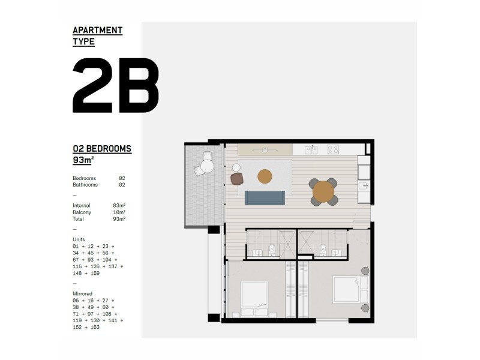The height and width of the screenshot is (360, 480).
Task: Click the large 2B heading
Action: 115,86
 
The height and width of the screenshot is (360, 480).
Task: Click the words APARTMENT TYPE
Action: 97,36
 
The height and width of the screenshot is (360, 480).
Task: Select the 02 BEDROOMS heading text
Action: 101,148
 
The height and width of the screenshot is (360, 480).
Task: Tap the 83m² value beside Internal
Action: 119,205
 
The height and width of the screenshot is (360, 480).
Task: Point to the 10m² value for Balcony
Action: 119,212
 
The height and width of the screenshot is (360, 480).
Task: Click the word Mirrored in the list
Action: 83,293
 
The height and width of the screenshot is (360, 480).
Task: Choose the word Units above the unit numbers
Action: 79,239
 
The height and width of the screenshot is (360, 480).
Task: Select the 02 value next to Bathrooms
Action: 122,185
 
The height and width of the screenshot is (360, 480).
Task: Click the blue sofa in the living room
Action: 265,197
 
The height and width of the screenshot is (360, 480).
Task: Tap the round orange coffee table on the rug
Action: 265,176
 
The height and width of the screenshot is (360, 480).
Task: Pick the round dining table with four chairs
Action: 323,191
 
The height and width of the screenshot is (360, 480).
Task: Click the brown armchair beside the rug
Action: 237,178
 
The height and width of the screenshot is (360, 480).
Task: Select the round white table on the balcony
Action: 208,167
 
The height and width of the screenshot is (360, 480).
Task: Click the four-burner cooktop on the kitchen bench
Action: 333,149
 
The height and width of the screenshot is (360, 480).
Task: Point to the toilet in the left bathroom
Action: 271,249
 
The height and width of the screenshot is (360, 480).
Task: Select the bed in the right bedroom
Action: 346,290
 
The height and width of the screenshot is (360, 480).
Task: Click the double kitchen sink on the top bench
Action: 311,149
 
